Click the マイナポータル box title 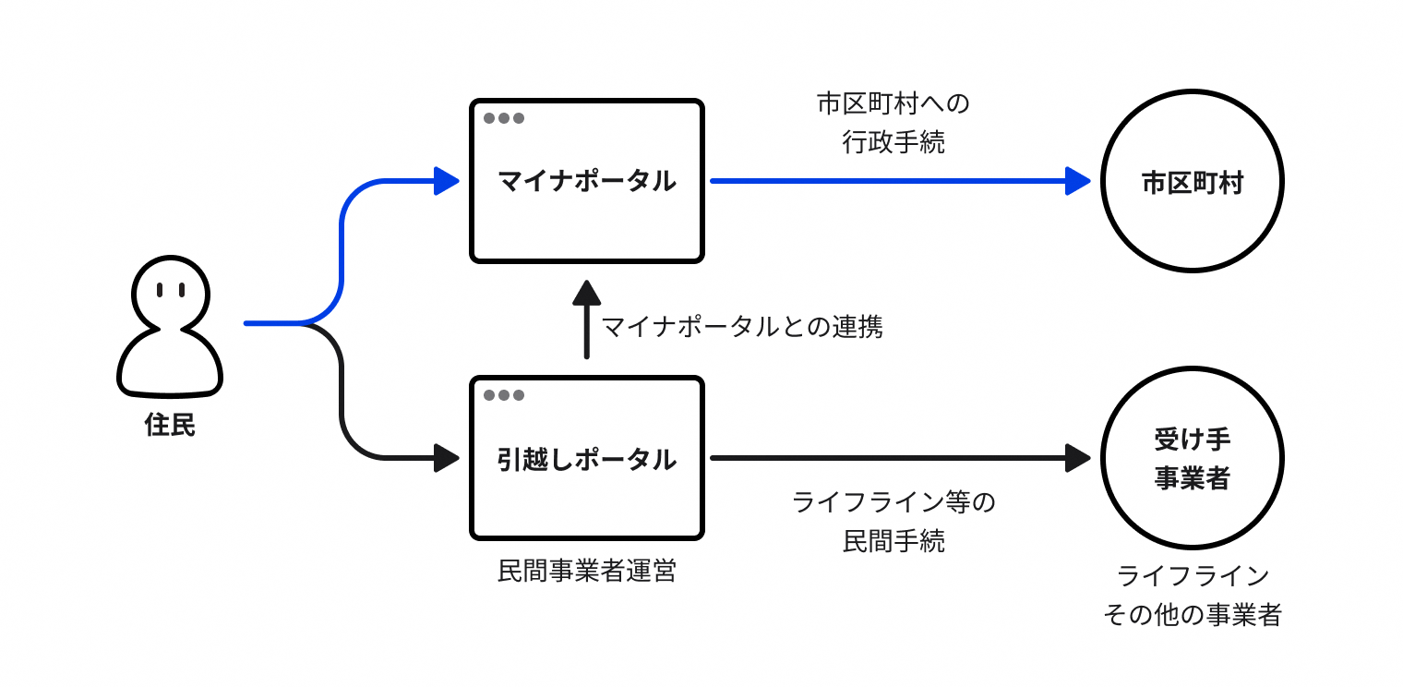587,181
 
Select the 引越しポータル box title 587,459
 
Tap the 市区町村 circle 1192,182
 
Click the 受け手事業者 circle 1192,458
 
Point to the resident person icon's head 171,291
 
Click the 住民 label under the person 171,426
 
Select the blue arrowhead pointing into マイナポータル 447,181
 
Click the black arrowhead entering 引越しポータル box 447,458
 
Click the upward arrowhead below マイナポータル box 586,294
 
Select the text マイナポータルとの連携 743,327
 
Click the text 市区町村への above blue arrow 893,103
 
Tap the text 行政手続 893,142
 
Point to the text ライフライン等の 893,503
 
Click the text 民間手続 893,542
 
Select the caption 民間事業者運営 587,572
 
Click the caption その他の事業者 1192,615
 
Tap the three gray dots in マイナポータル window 504,118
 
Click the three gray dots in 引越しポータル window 504,395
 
